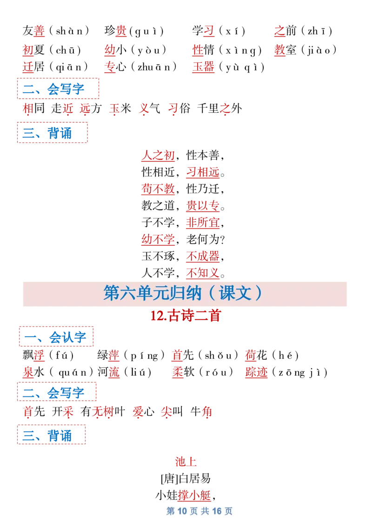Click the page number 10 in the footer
[x=182, y=511]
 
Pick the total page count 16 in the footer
[x=217, y=511]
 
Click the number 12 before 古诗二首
[x=156, y=316]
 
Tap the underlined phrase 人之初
[x=158, y=156]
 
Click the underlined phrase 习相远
[x=203, y=172]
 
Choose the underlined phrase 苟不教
[x=158, y=189]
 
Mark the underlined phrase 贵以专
[x=203, y=206]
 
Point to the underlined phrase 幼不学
[x=158, y=240]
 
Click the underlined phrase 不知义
[x=203, y=272]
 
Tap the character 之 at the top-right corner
[x=279, y=31]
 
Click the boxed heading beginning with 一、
[x=57, y=337]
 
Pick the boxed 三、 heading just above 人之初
[x=52, y=133]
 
